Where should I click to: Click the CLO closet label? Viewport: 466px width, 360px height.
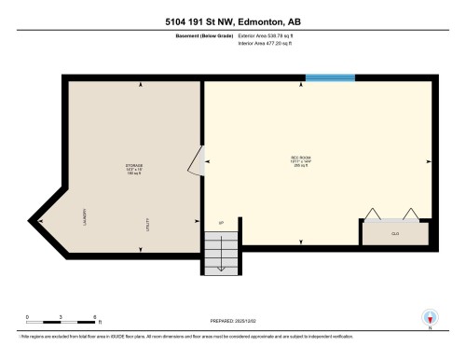coord(395,233)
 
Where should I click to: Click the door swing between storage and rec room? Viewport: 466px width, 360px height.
coord(196,160)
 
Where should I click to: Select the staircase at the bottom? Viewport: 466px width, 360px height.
coord(222,250)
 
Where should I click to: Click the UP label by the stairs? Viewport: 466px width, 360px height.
coord(221,223)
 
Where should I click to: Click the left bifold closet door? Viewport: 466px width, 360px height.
coord(370,214)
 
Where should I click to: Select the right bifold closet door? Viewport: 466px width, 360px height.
coord(410,214)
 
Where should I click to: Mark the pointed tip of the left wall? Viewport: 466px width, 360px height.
coord(32,220)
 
